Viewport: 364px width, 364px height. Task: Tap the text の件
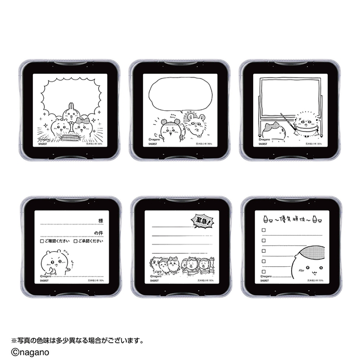point(99,232)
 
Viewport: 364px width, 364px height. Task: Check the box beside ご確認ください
point(42,242)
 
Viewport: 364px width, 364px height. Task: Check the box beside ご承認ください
point(76,242)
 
